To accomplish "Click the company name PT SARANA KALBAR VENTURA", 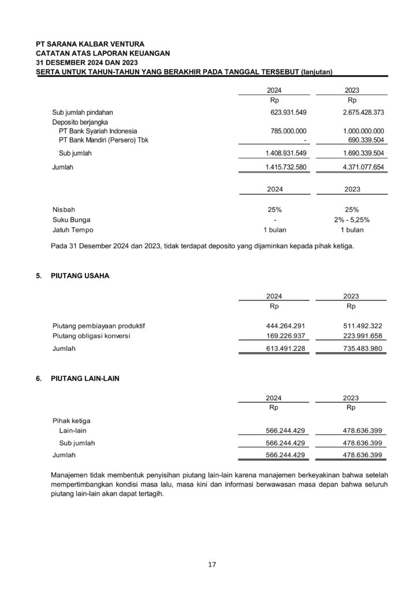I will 90,44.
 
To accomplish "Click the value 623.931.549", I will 285,111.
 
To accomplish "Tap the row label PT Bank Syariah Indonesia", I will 98,131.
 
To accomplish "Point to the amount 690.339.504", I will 363,140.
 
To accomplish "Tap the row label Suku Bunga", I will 71,219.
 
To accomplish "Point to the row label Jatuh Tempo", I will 73,230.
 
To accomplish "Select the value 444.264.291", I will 285,326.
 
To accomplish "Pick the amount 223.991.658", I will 363,336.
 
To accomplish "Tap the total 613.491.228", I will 285,349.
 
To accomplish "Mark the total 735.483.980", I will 363,349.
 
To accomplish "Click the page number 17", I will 212,564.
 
